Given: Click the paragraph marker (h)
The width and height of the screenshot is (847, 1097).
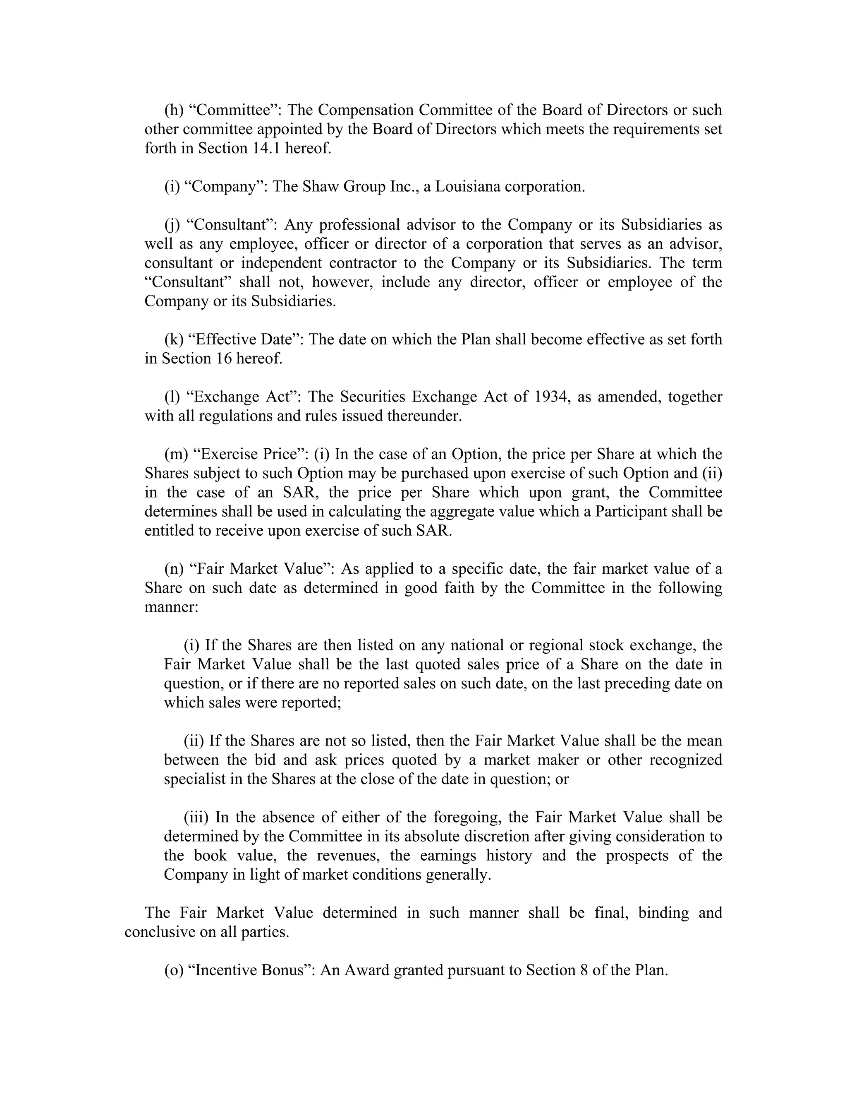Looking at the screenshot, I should [x=174, y=110].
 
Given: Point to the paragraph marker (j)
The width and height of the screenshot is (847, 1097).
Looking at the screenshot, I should [x=172, y=224].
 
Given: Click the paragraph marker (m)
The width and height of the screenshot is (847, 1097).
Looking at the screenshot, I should [x=176, y=454].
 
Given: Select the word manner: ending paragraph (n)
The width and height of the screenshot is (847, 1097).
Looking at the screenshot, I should [x=171, y=607].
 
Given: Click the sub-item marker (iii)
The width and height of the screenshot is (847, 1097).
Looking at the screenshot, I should [x=196, y=817].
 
